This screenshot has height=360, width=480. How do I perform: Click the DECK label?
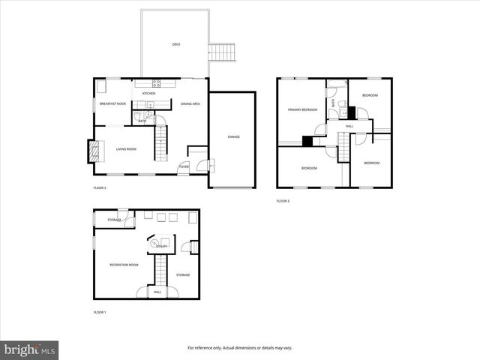pos(176,44)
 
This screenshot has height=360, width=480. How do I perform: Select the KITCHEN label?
pos(149,94)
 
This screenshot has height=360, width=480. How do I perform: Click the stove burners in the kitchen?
pos(157,82)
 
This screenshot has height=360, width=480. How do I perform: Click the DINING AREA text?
pos(190,104)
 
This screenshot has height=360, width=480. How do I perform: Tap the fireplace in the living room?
pos(93,152)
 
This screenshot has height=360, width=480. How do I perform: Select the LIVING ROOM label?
pos(125,149)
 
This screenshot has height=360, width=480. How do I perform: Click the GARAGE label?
pos(233,136)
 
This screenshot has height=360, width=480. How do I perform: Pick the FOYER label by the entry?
pos(183,166)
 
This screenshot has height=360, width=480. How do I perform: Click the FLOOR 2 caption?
pos(100,187)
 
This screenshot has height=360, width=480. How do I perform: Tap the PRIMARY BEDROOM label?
pos(303,110)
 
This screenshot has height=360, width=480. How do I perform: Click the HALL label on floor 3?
pos(349,126)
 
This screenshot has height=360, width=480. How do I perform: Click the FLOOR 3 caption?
pos(283,201)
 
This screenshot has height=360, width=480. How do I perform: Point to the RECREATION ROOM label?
pos(124,265)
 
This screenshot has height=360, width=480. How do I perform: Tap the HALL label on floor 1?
pos(157,292)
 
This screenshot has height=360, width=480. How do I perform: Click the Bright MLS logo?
pos(30,349)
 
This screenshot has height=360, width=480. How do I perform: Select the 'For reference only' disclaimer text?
pos(239,348)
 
